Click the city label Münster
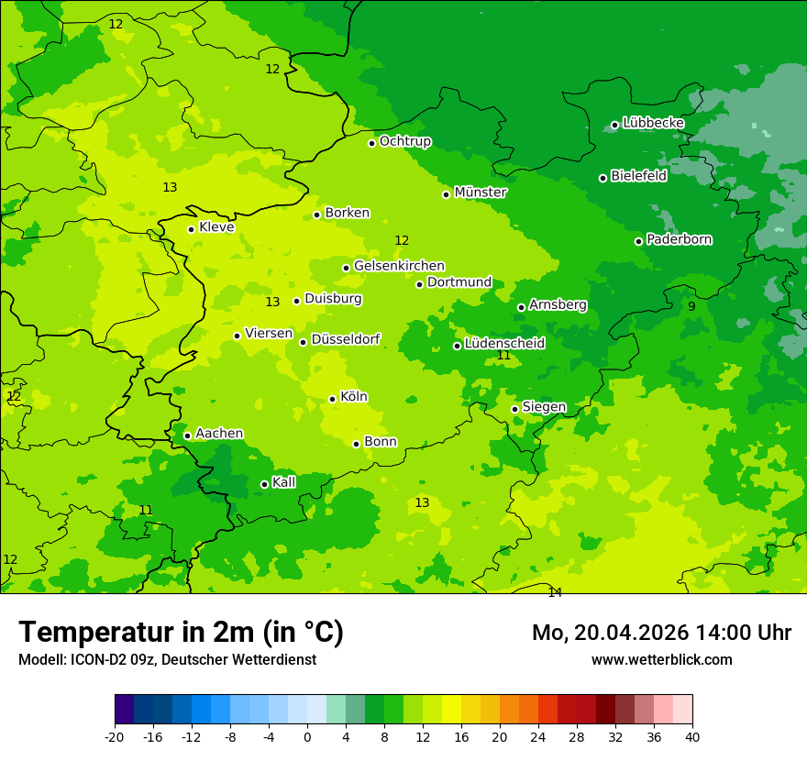(480, 193)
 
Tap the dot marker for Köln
(332, 399)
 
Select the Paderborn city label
(679, 239)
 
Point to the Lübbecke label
(653, 123)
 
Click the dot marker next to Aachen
(187, 436)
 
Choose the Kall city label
(284, 482)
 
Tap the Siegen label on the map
(544, 407)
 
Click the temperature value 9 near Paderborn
(691, 306)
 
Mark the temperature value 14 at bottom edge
(555, 592)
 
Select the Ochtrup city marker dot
(371, 143)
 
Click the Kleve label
(216, 227)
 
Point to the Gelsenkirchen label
(399, 266)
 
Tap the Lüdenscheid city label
(504, 344)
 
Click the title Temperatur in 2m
(181, 632)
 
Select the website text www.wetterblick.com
(661, 659)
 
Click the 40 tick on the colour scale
(692, 736)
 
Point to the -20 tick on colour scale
(115, 736)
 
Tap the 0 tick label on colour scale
(307, 736)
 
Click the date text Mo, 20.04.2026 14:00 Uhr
(661, 633)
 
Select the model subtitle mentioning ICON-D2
(167, 659)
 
